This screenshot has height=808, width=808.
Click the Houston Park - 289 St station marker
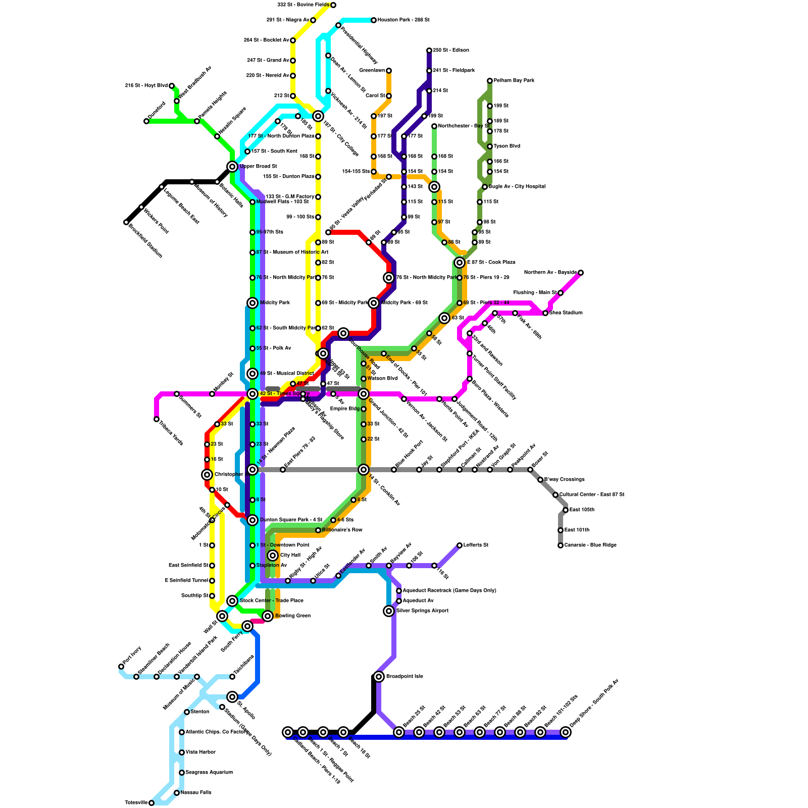(x=374, y=20)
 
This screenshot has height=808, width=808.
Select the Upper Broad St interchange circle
(x=232, y=167)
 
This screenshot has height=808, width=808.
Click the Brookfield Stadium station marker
(x=126, y=222)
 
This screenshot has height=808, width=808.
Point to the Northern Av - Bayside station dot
(x=581, y=273)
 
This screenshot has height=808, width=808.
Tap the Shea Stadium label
(x=566, y=313)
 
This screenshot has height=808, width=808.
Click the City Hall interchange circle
(x=273, y=555)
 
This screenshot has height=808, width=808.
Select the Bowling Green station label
(x=292, y=616)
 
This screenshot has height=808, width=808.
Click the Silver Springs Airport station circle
(x=389, y=611)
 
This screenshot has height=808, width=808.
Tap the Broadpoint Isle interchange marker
(x=379, y=677)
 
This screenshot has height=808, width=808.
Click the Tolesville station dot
(x=151, y=803)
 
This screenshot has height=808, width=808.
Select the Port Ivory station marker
(x=121, y=667)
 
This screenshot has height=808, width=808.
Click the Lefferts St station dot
(x=460, y=545)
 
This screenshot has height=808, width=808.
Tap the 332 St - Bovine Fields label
(x=303, y=5)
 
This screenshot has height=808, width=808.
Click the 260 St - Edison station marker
(x=429, y=50)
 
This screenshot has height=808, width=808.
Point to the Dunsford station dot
(x=146, y=121)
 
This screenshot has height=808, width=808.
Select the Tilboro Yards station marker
(x=157, y=419)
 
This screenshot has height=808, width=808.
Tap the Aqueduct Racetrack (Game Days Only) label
(x=449, y=591)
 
